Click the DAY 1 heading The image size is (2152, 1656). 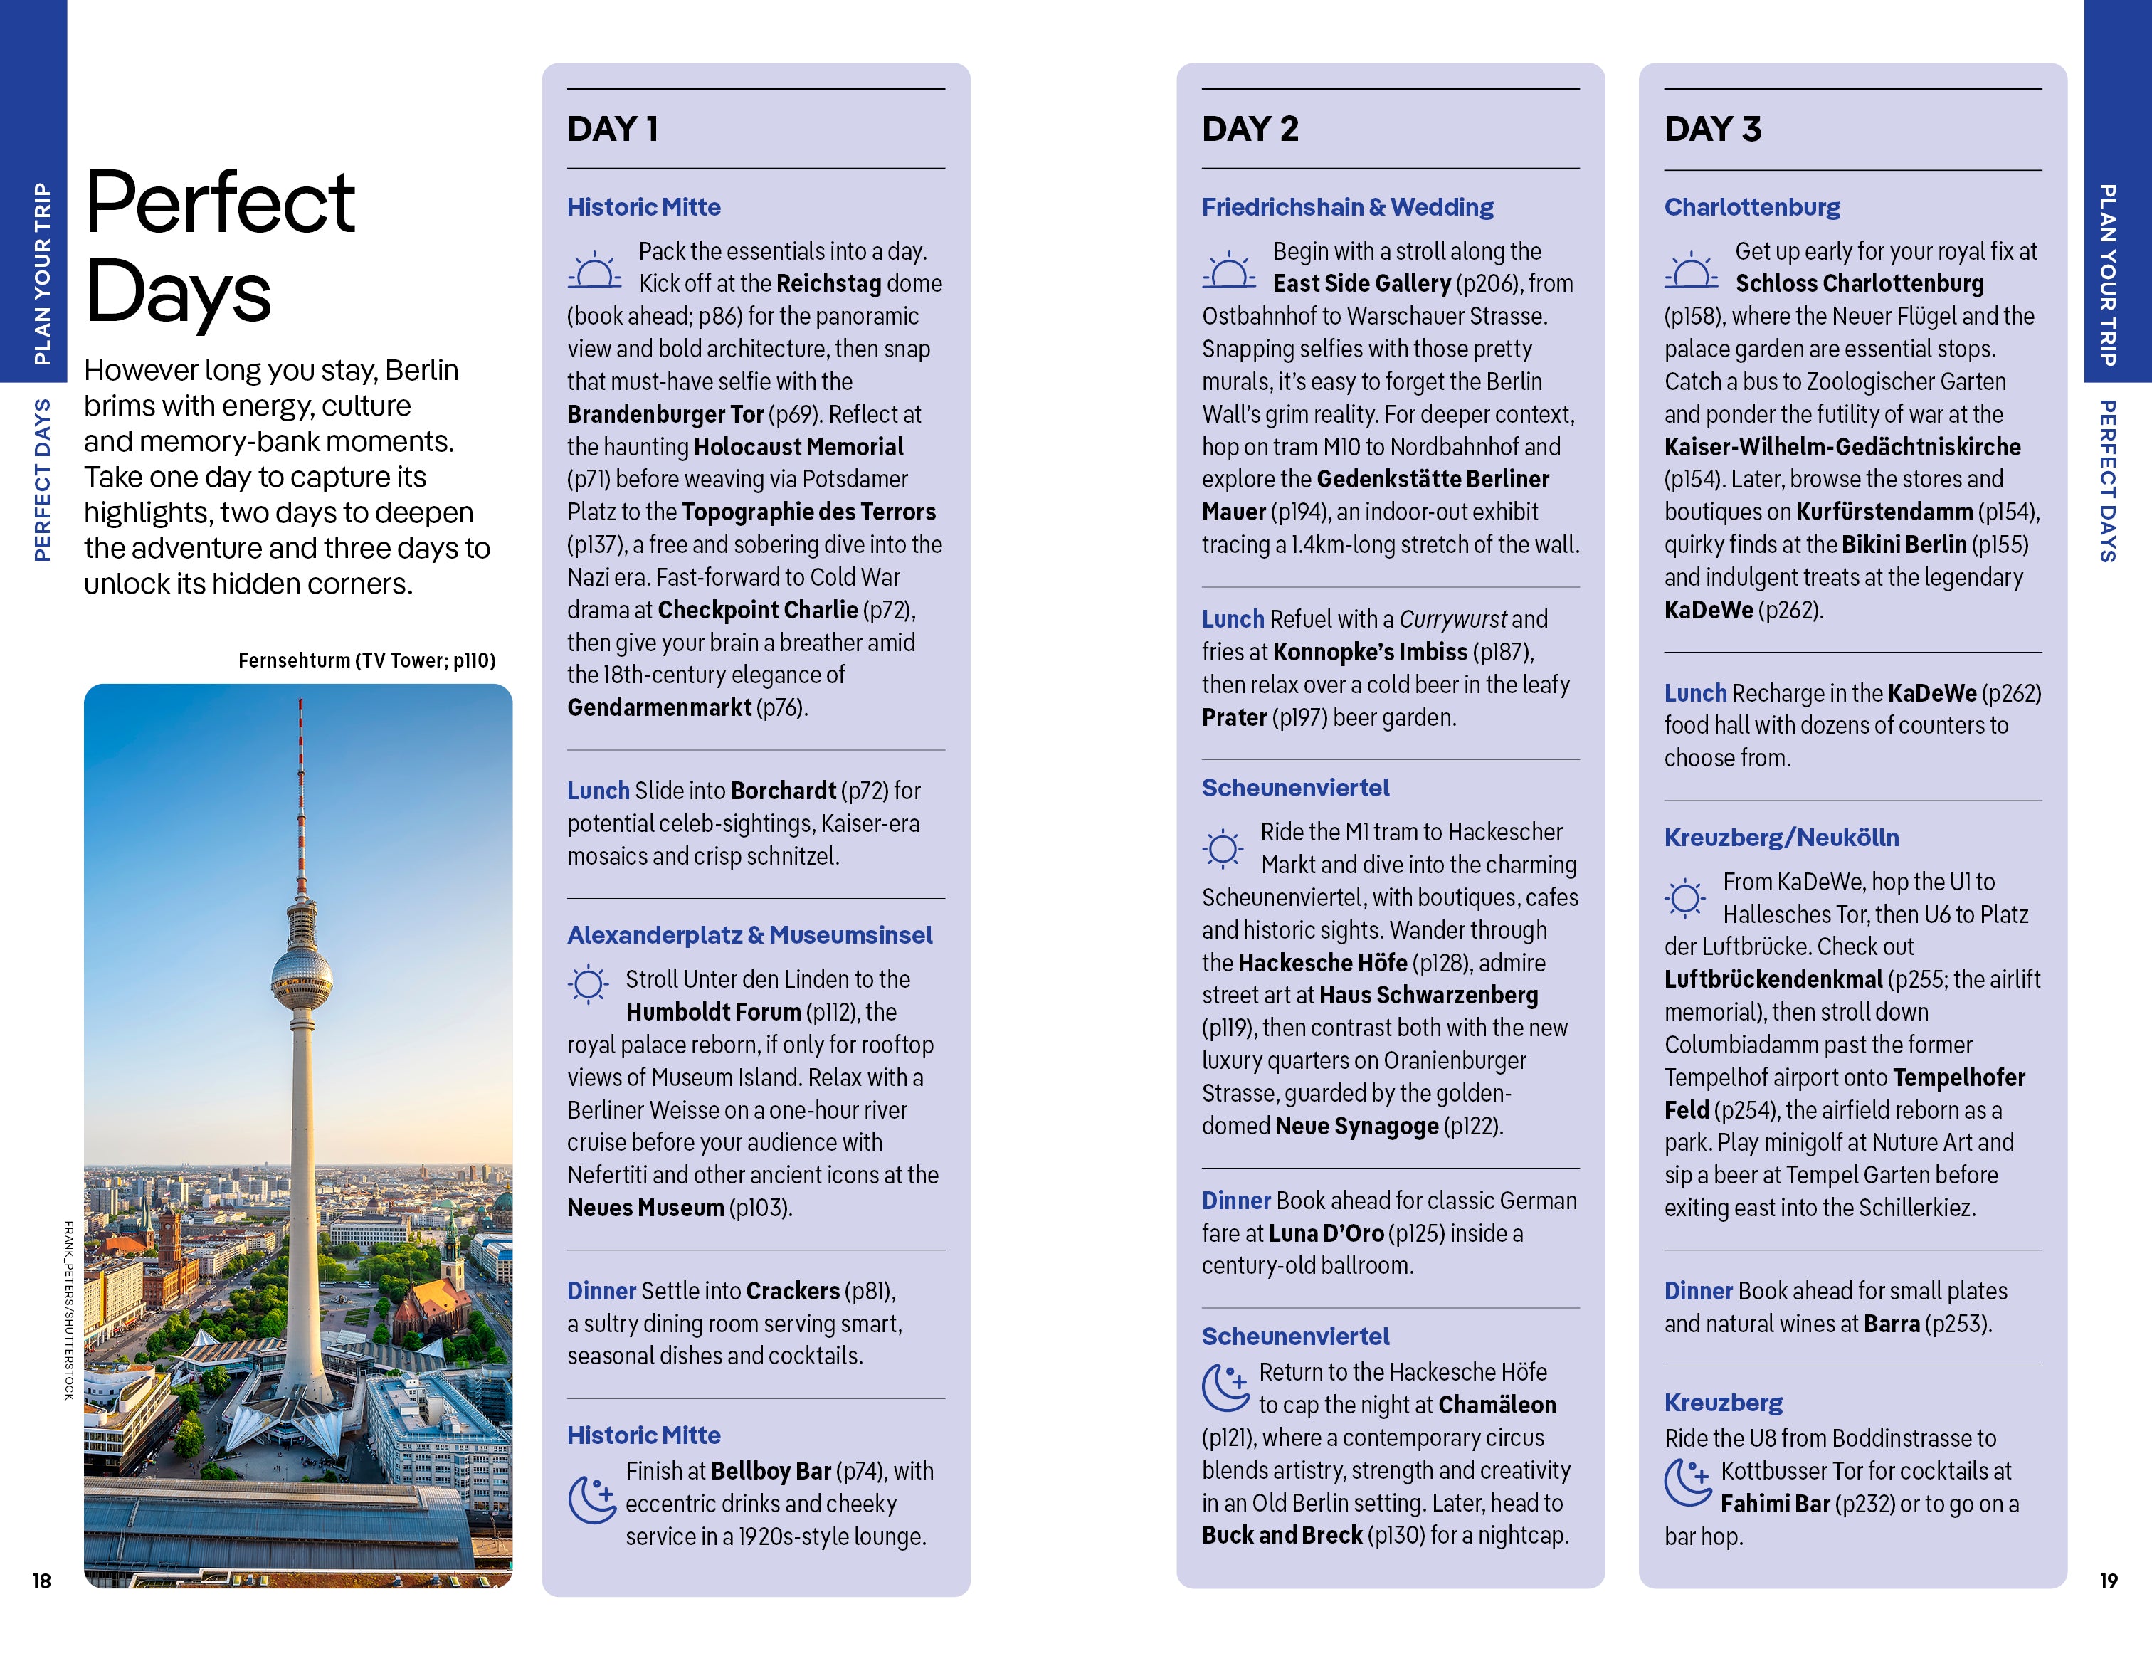pyautogui.click(x=612, y=129)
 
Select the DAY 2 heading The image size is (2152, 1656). pyautogui.click(x=1250, y=129)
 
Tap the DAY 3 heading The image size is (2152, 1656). pyautogui.click(x=1711, y=129)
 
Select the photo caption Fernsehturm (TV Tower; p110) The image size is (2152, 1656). pyautogui.click(x=366, y=660)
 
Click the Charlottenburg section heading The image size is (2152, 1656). pyautogui.click(x=1751, y=207)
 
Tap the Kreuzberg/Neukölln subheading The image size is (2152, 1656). pyautogui.click(x=1781, y=838)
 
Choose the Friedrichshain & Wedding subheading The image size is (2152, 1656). pyautogui.click(x=1347, y=207)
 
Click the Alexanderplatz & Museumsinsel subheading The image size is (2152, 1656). pyautogui.click(x=749, y=935)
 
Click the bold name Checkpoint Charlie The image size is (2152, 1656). pyautogui.click(x=756, y=610)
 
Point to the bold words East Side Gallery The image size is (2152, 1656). pyautogui.click(x=1361, y=284)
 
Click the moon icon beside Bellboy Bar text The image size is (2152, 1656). pyautogui.click(x=592, y=1499)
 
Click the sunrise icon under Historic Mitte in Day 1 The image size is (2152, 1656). pyautogui.click(x=594, y=270)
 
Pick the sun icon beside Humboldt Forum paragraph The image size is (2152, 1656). pyautogui.click(x=589, y=983)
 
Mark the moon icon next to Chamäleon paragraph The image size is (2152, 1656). pyautogui.click(x=1225, y=1386)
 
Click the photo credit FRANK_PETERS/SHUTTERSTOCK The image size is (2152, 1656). pyautogui.click(x=69, y=1310)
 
